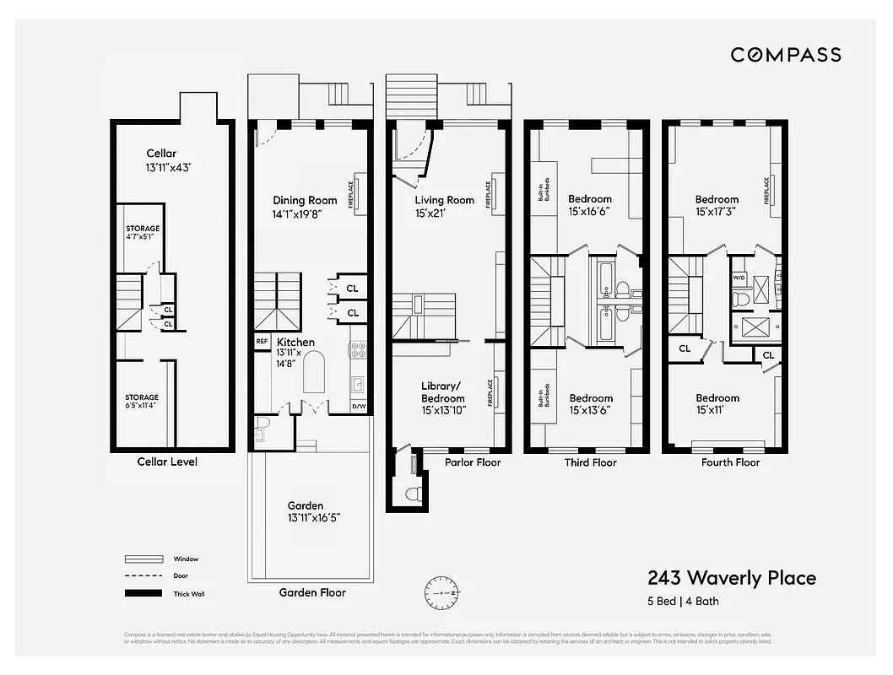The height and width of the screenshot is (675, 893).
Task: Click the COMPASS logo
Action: pyautogui.click(x=785, y=55)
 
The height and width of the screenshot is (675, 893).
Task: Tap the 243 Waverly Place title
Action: pyautogui.click(x=731, y=578)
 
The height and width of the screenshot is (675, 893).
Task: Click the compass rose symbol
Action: pyautogui.click(x=444, y=593)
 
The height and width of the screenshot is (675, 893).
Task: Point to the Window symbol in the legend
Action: pyautogui.click(x=143, y=559)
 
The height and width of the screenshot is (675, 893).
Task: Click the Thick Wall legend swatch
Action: pyautogui.click(x=143, y=594)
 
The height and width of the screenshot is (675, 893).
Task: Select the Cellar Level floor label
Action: pyautogui.click(x=167, y=462)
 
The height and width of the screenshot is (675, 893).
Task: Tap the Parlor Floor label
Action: pyautogui.click(x=473, y=462)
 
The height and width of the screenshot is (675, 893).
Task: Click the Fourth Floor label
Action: pyautogui.click(x=730, y=462)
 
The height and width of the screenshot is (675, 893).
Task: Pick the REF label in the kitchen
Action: pyautogui.click(x=262, y=341)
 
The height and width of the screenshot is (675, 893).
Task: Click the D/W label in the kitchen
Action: pyautogui.click(x=359, y=407)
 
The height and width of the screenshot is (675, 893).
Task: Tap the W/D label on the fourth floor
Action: pyautogui.click(x=739, y=277)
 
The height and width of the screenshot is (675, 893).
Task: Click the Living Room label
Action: pyautogui.click(x=444, y=200)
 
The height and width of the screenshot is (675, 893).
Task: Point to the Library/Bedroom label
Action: pyautogui.click(x=443, y=392)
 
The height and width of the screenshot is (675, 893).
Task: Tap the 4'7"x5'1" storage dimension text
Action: pyautogui.click(x=143, y=237)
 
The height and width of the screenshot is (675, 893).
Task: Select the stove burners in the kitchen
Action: pyautogui.click(x=357, y=349)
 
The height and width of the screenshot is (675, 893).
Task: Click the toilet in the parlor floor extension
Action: pyautogui.click(x=413, y=493)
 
